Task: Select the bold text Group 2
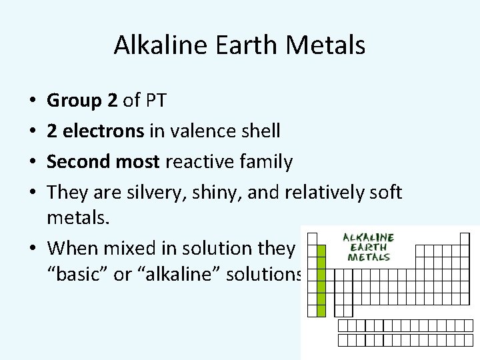[x=83, y=101]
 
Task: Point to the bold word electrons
[x=103, y=131]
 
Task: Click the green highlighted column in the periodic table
[x=321, y=280]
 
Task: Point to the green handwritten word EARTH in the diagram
[x=368, y=247]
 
